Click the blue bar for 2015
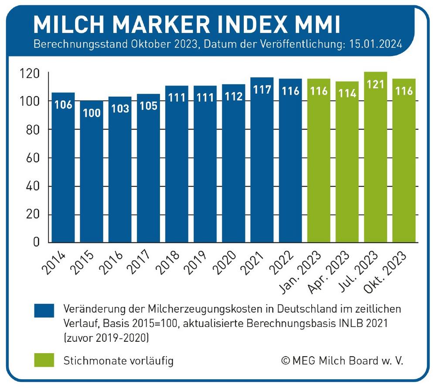(92, 174)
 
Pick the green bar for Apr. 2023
(347, 166)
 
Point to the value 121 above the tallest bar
(375, 84)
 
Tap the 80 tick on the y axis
(31, 130)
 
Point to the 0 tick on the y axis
(37, 243)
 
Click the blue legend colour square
(44, 310)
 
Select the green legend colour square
(44, 360)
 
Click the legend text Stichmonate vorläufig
(119, 361)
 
